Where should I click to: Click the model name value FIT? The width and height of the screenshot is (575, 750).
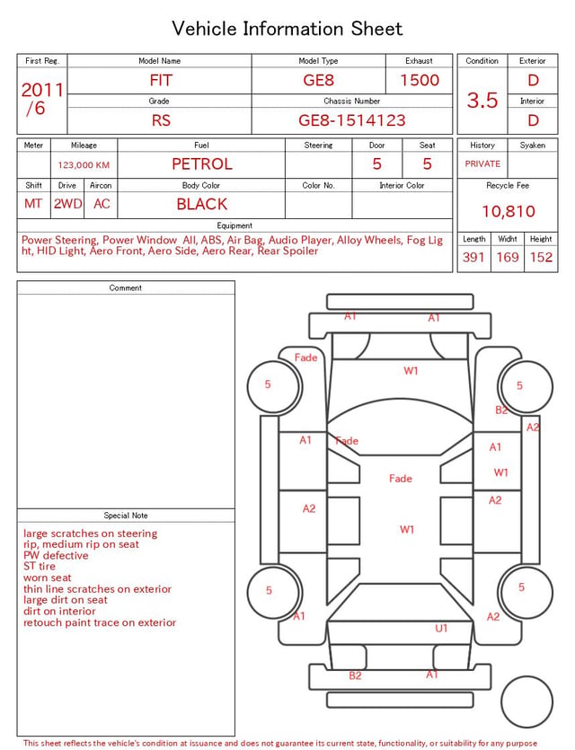161,80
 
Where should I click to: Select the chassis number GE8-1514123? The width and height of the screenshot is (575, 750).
352,120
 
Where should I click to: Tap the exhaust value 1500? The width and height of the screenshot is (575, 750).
420,80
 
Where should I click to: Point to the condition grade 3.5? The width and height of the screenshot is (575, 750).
482,100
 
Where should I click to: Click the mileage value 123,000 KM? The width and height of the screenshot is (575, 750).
84,165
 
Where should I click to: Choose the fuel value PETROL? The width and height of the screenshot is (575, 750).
202,164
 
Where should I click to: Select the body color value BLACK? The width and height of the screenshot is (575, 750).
202,204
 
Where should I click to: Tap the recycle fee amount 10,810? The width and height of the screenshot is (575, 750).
509,211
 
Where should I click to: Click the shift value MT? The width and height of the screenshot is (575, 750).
33,204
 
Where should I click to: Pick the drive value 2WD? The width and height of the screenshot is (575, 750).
67,204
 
